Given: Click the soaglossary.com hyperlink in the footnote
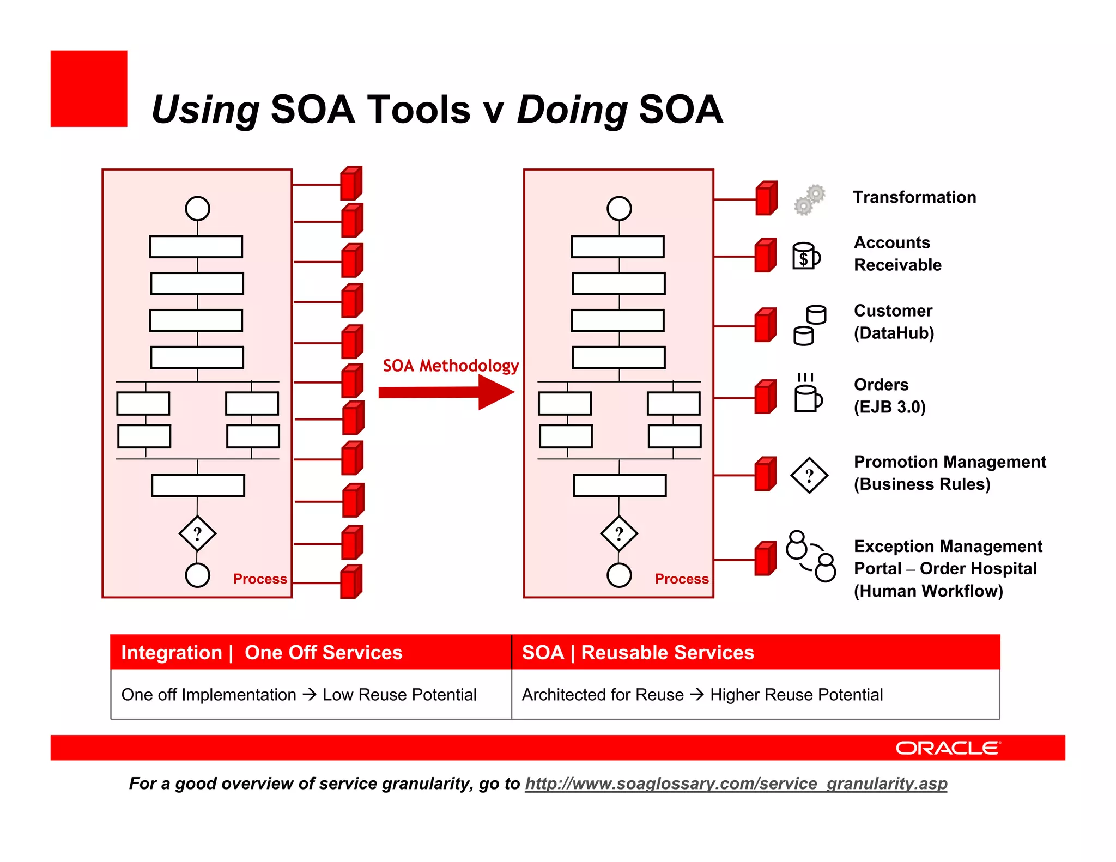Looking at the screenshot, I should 736,784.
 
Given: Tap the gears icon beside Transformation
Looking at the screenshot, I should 809,200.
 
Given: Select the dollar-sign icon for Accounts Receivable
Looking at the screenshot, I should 806,256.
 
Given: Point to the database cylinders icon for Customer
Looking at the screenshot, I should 810,325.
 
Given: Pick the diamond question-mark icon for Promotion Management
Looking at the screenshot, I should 809,475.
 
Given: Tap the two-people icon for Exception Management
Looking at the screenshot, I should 811,556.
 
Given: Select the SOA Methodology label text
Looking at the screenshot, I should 450,366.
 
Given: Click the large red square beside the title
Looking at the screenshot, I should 89,89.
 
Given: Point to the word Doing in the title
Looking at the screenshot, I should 572,110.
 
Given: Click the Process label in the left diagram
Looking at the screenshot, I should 260,579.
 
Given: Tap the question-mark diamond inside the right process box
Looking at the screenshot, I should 619,533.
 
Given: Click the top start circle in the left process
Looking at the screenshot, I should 197,208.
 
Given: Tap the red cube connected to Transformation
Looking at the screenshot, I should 766,199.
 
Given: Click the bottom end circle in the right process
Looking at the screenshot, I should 619,575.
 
